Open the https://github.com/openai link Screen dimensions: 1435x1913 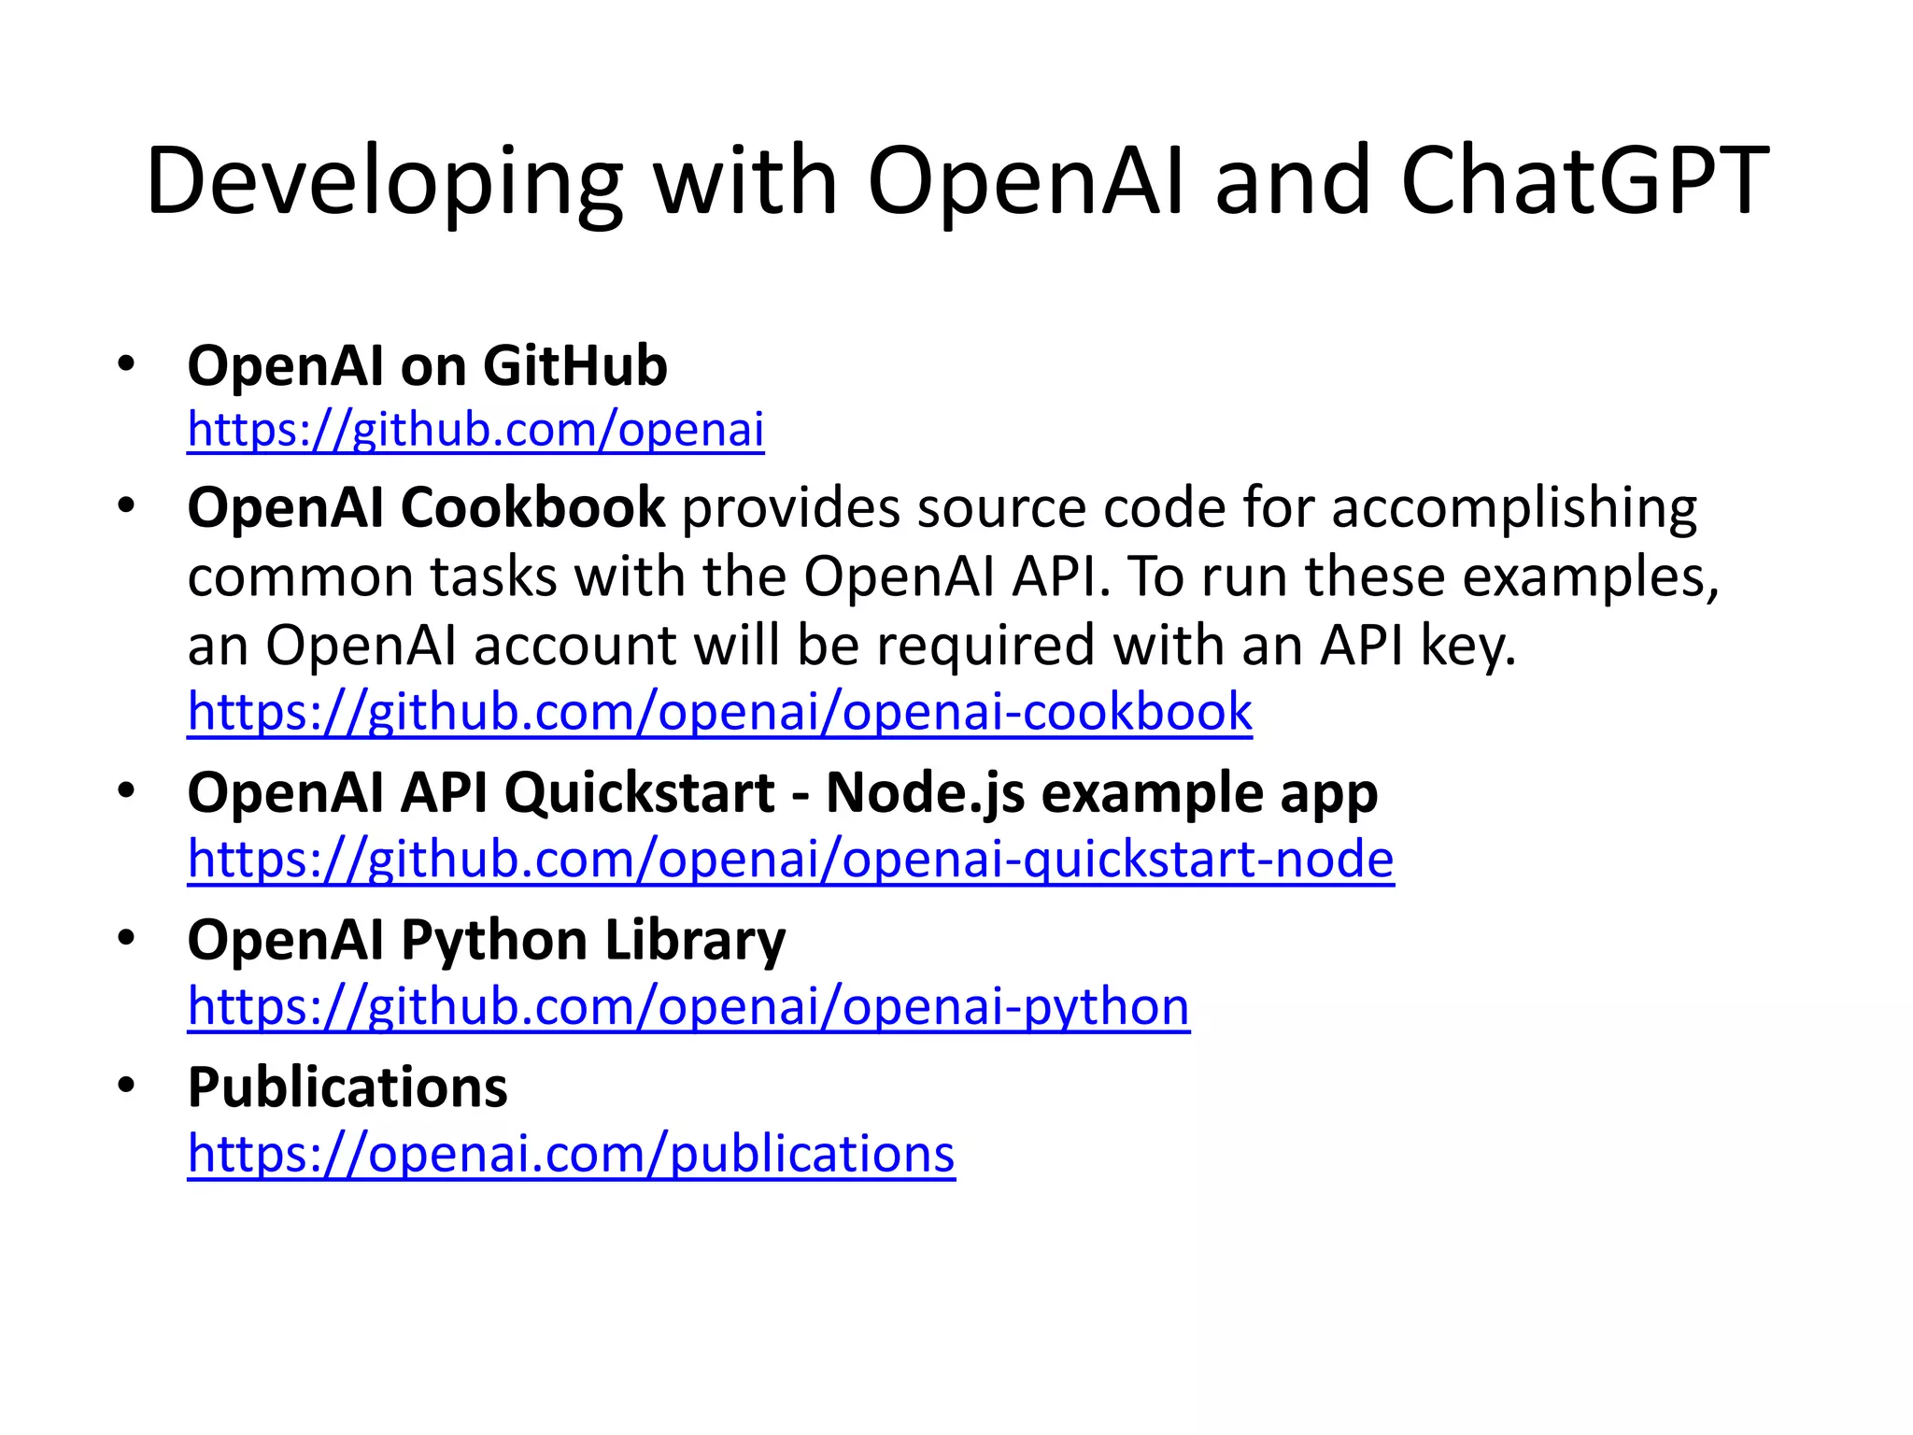click(x=475, y=430)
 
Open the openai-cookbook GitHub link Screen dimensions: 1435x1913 click(x=719, y=712)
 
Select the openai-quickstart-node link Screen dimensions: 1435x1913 click(x=790, y=859)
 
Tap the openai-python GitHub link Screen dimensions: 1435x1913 click(x=688, y=1006)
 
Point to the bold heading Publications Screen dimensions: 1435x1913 click(x=347, y=1087)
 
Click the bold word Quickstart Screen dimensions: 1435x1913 click(x=640, y=793)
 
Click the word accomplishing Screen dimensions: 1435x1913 click(x=1514, y=509)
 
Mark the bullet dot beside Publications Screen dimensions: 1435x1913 click(x=127, y=1085)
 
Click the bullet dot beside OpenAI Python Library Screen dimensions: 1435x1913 click(x=127, y=937)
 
